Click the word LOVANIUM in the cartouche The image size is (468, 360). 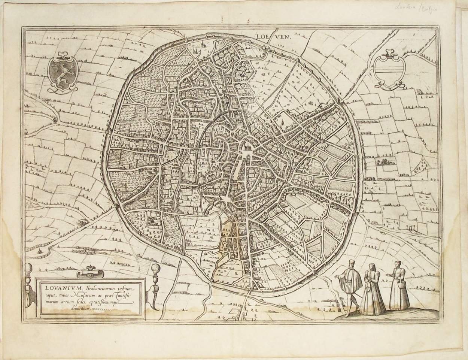[60, 289]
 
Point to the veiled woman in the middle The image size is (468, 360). [372, 285]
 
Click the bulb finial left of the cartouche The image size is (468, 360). [29, 270]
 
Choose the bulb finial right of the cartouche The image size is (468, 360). [155, 270]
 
